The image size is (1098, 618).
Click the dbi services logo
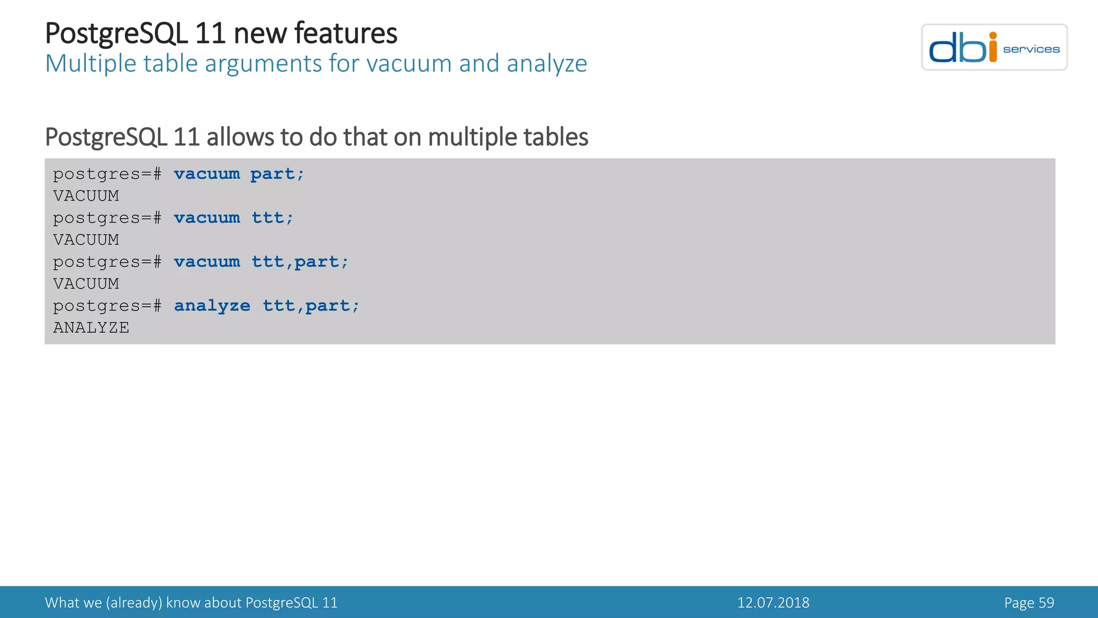click(x=994, y=47)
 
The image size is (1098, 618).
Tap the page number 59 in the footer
click(x=1045, y=602)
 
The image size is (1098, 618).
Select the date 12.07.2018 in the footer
click(x=773, y=602)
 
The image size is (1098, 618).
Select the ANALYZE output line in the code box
click(x=91, y=328)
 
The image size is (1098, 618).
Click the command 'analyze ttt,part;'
click(x=266, y=306)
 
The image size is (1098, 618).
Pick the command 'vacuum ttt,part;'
click(x=261, y=262)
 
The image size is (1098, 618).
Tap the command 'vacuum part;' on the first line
click(x=239, y=174)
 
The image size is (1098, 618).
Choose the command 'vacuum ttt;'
click(x=234, y=218)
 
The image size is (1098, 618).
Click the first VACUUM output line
click(x=86, y=196)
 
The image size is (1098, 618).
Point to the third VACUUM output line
click(x=86, y=284)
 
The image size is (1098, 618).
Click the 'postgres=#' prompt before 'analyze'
click(x=107, y=306)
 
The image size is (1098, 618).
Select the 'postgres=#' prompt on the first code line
click(x=107, y=174)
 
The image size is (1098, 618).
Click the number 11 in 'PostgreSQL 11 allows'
click(x=187, y=137)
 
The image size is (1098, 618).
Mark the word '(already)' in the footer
click(x=134, y=602)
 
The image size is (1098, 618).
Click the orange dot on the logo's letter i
click(x=993, y=36)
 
